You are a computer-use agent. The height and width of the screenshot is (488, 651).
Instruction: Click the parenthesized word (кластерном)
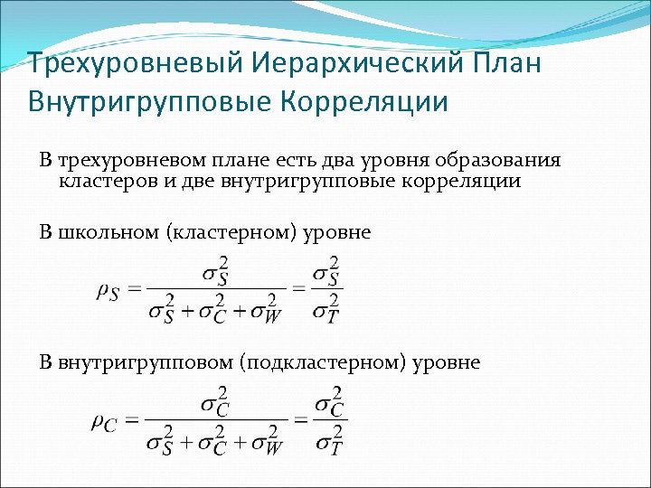[x=226, y=232]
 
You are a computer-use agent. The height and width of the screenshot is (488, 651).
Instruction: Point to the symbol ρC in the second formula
[x=105, y=421]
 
